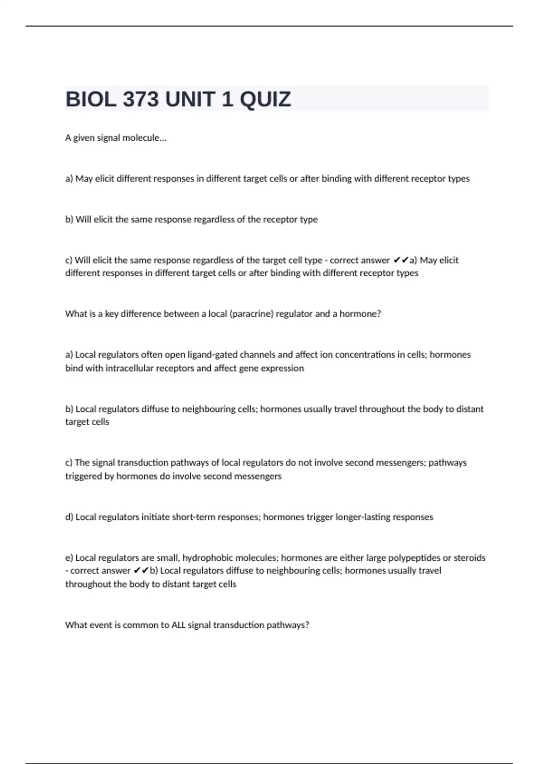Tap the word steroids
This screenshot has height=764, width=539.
coord(469,558)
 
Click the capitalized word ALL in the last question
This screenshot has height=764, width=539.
coord(179,625)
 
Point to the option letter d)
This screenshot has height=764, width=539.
coord(69,517)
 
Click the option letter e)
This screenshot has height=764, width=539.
coord(69,558)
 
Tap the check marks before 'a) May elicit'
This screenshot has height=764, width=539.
coord(401,260)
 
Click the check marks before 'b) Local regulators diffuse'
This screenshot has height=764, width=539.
coord(141,571)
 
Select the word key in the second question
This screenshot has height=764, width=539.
coord(111,314)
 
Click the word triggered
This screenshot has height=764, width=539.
coord(84,476)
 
